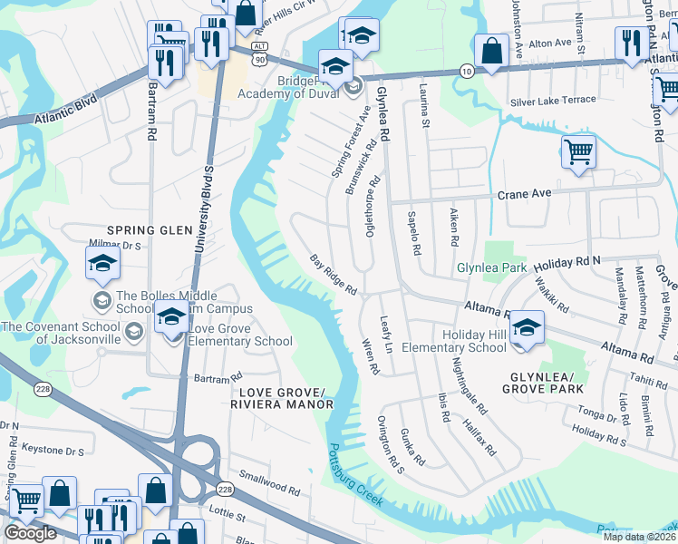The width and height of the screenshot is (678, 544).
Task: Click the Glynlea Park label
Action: point(491,268)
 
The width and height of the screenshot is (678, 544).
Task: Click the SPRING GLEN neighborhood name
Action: point(146,230)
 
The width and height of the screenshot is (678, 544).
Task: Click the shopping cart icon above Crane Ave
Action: point(577,151)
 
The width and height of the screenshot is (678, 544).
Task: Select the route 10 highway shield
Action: point(465,71)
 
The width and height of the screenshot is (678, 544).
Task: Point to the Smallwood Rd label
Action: point(268,481)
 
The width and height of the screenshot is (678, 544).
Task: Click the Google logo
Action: point(30,533)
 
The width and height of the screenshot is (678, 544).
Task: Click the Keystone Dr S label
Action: point(53,449)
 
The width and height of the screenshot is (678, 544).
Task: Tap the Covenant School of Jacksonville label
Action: point(62,333)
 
